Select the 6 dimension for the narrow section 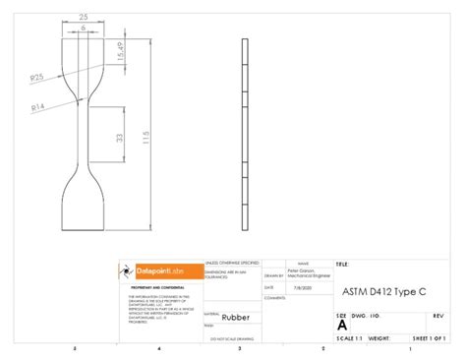click(x=83, y=28)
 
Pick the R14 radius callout click(x=38, y=105)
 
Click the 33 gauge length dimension click(x=120, y=140)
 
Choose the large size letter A click(x=342, y=325)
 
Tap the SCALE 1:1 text click(x=350, y=337)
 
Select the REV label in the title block click(x=437, y=316)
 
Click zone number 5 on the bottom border click(x=74, y=349)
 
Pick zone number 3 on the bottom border click(x=239, y=349)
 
